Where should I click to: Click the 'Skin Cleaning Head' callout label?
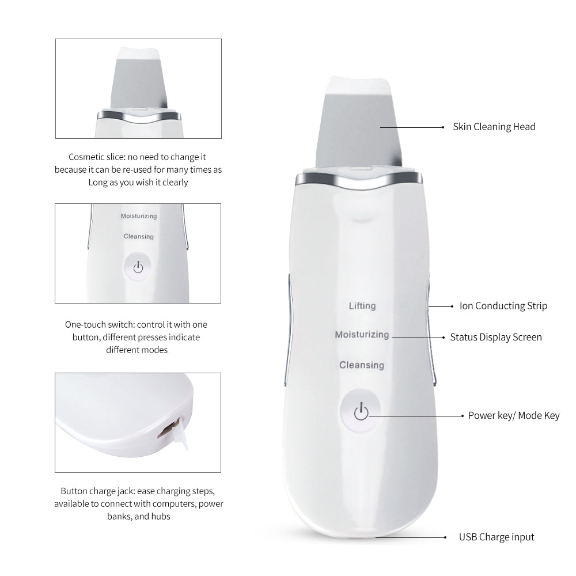pos(494,127)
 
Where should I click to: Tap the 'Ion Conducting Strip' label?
pos(503,306)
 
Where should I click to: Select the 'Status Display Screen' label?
pos(495,337)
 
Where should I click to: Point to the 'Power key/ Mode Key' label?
pos(513,415)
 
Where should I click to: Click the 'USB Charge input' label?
pos(497,537)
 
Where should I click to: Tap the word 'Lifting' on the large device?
pos(362,306)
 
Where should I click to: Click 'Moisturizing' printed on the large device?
pos(362,335)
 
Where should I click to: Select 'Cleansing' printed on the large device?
pos(362,365)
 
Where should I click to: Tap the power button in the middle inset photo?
pos(137,267)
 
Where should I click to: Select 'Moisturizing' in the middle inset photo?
pos(138,216)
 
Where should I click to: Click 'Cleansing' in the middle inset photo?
pos(138,236)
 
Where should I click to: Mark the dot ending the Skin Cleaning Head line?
pos(442,127)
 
